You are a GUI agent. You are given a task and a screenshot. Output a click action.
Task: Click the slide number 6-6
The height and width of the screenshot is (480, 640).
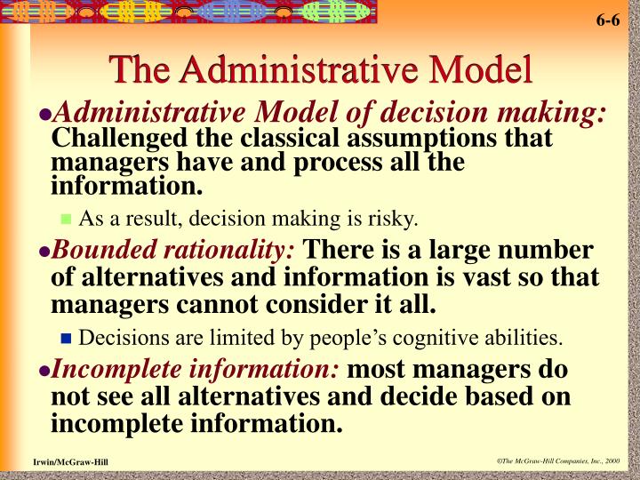[x=608, y=20]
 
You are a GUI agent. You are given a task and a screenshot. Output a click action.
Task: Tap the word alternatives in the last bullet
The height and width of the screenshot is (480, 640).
[x=261, y=397]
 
